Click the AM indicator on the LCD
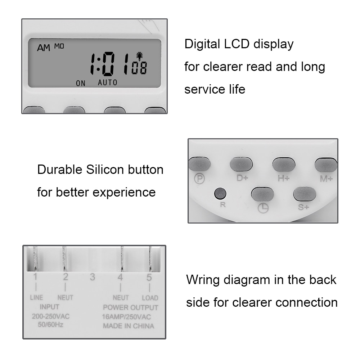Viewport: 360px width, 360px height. (44, 48)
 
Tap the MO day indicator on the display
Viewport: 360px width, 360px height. (59, 46)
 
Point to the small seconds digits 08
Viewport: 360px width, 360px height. (139, 68)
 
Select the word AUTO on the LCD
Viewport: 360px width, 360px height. (108, 82)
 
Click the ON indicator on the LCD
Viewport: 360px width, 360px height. (81, 83)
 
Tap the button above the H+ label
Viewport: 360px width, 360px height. (284, 165)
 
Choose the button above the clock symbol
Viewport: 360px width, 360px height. (262, 194)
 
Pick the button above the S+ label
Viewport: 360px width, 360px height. (305, 194)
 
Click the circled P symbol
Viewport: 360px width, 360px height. (199, 178)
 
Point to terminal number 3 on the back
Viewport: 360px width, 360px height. (93, 277)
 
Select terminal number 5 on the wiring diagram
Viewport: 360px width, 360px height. (149, 277)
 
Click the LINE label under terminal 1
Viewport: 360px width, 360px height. (36, 297)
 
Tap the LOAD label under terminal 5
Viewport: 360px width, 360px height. (150, 298)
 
